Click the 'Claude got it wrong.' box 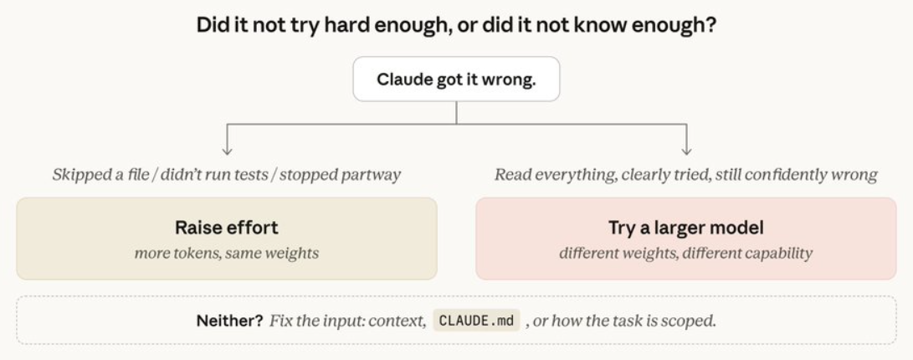[456, 80]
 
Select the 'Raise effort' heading [227, 227]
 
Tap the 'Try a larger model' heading [686, 227]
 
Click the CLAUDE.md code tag [476, 321]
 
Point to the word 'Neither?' [229, 321]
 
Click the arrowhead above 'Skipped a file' [227, 151]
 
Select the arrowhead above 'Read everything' [686, 151]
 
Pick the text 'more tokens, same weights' [227, 254]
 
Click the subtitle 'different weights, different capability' [686, 254]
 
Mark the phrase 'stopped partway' [340, 175]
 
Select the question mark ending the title [710, 26]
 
